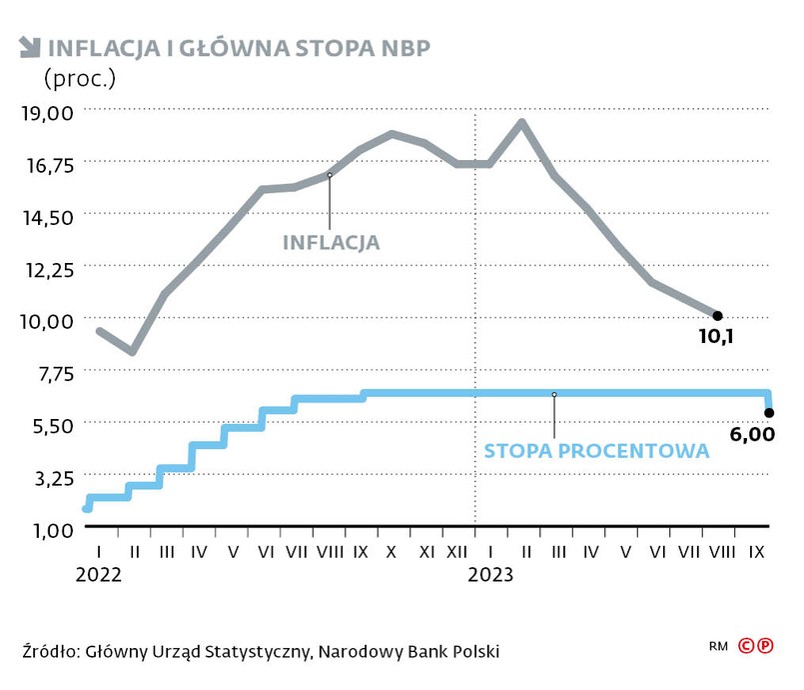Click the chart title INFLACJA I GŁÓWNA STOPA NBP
(239, 47)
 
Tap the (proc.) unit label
(79, 76)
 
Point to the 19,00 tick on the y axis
(47, 111)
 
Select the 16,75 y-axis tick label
(47, 164)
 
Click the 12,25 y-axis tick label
(47, 268)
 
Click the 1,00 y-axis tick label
(47, 529)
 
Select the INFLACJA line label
(331, 242)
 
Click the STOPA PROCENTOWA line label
(596, 451)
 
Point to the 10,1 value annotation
(715, 337)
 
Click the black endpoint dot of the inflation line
(717, 316)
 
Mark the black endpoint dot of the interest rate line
(769, 412)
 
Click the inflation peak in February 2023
(521, 122)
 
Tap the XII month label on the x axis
(457, 551)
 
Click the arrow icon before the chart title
(29, 46)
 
